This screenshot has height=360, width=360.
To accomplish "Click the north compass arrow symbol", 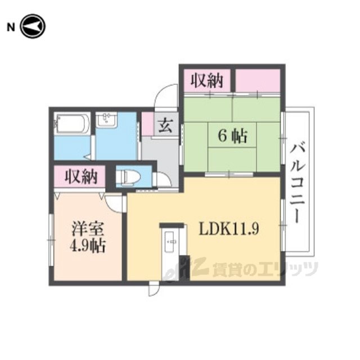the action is pos(33,26).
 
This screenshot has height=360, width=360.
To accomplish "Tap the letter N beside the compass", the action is pos(11,28).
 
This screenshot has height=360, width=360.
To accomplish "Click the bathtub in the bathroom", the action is pos(71,124).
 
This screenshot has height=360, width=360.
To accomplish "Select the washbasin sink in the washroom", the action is pos(106,120).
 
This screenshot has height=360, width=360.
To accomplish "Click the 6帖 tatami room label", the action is pos(232,136).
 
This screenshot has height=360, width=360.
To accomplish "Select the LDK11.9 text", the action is pos(229,229).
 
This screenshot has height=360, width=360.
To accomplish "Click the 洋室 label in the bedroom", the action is pos(88,229).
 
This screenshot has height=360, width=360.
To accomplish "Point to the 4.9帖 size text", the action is pos(88,246).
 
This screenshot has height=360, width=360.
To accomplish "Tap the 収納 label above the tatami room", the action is pos(207,80).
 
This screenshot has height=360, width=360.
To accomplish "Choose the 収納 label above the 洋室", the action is pos(81,177).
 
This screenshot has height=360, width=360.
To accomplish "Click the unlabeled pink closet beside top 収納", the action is pos(258,80).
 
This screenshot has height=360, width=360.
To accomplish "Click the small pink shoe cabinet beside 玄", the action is pos(147,124).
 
